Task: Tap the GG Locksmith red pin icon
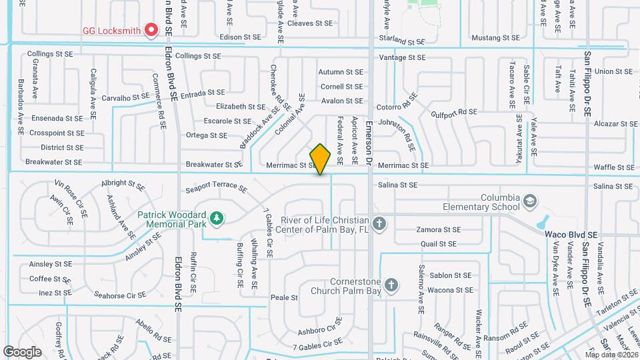[x=151, y=29]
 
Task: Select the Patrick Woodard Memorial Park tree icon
[x=215, y=218]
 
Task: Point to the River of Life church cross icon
[x=379, y=223]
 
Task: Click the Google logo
[x=22, y=351]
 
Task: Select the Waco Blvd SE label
[x=571, y=235]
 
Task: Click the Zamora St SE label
[x=438, y=229]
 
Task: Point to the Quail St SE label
[x=441, y=244]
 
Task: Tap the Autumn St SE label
[x=341, y=72]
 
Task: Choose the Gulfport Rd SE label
[x=455, y=112]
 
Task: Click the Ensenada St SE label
[x=57, y=118]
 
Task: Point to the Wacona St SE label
[x=450, y=290]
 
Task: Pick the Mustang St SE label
[x=494, y=38]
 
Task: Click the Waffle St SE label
[x=613, y=167]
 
